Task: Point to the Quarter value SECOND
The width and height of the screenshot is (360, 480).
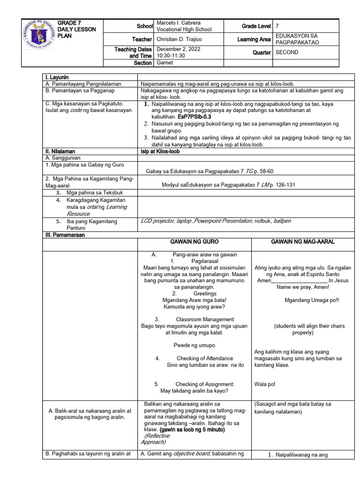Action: [x=287, y=52]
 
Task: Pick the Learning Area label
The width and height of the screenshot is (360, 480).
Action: [x=254, y=39]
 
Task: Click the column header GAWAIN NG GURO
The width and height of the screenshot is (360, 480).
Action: [x=194, y=242]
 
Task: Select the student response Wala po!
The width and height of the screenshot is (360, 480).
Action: [x=265, y=384]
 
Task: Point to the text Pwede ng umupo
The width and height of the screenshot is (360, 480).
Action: [x=194, y=345]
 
